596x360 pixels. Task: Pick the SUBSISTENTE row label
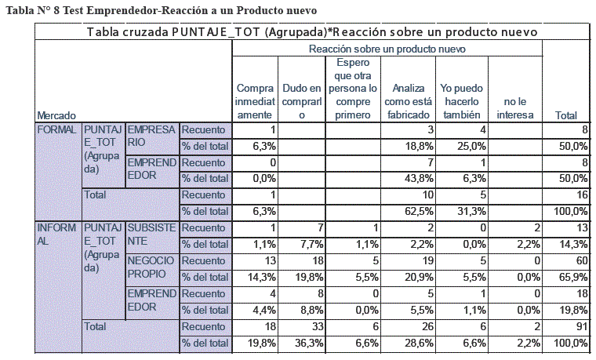tap(151, 235)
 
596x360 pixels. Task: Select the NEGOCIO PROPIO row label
tap(151, 267)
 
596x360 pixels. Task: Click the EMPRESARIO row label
tap(151, 136)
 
